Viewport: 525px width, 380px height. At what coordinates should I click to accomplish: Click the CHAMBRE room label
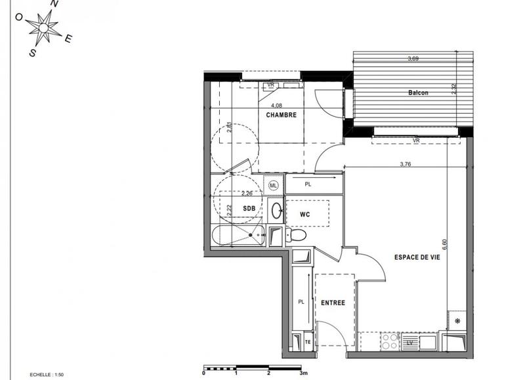[281, 115]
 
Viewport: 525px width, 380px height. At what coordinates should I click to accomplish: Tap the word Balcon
[418, 93]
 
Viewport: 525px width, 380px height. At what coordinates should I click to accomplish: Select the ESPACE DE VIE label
[417, 257]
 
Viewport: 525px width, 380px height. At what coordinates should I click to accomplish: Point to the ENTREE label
[334, 303]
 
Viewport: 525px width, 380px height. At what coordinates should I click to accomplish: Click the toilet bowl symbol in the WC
[297, 235]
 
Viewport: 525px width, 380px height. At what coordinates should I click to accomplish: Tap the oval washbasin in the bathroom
[276, 211]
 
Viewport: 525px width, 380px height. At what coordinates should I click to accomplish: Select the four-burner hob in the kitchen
[390, 341]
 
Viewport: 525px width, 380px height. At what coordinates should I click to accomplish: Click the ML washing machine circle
[274, 186]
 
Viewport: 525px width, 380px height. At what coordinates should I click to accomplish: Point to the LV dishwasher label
[410, 342]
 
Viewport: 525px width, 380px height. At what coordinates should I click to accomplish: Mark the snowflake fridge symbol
[457, 321]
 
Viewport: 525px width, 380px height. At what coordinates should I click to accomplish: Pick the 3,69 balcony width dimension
[413, 59]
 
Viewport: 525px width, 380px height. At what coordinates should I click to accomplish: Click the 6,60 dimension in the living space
[445, 244]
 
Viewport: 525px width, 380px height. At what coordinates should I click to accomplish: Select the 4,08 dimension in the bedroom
[276, 105]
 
